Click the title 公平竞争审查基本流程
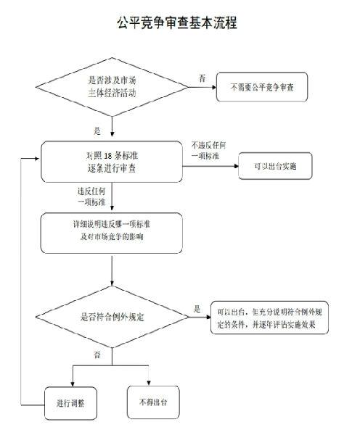[x=177, y=22]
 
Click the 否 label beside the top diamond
[x=202, y=78]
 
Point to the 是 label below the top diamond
[x=97, y=130]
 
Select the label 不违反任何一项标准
[x=208, y=150]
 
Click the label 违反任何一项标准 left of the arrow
[x=91, y=196]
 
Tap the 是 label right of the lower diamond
[x=197, y=309]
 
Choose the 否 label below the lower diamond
[x=97, y=355]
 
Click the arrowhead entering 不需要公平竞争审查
[x=214, y=87]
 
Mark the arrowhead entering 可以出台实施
[x=237, y=166]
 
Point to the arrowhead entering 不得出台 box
[x=149, y=383]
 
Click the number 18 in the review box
[x=107, y=156]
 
